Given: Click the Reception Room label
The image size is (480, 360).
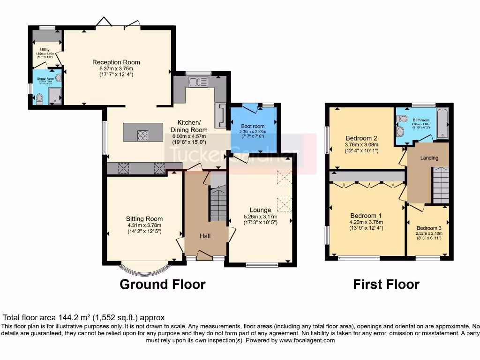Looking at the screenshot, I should [x=116, y=62].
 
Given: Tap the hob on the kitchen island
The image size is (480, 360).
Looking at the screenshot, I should [x=143, y=135].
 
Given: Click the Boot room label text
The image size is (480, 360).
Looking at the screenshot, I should [x=253, y=126].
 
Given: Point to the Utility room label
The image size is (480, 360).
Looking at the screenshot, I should [x=45, y=50].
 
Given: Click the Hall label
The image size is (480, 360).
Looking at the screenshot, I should [x=205, y=236].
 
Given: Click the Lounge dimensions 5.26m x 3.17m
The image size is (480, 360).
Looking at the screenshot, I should [x=260, y=217].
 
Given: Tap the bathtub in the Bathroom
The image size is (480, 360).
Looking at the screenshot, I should [x=442, y=123].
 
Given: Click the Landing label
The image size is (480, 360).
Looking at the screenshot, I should [x=429, y=158].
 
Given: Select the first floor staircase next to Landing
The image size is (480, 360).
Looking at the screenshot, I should [x=441, y=186].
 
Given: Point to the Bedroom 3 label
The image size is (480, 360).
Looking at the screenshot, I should [x=429, y=228].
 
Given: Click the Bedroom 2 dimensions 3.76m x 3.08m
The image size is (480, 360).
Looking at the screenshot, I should [x=361, y=145].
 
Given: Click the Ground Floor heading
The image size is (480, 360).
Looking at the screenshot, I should [x=162, y=284].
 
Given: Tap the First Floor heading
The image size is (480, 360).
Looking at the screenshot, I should [x=386, y=284].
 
